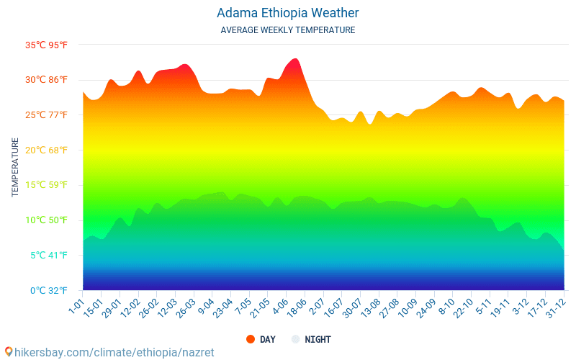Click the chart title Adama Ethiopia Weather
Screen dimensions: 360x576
pos(287,13)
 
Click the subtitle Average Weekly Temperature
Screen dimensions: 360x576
pos(287,30)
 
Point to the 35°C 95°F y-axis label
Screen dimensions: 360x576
pos(47,45)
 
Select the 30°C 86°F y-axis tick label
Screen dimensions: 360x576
pos(47,80)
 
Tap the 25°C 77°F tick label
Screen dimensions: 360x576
pos(47,115)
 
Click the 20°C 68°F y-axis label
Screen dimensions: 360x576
pos(47,150)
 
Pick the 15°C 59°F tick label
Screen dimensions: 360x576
pos(47,185)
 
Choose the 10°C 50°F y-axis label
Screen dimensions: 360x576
pos(47,220)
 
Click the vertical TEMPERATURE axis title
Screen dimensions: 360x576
pos(15,167)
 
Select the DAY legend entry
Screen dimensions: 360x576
pos(261,339)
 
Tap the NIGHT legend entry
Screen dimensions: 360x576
pos(311,339)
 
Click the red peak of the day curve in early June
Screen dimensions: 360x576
pos(295,60)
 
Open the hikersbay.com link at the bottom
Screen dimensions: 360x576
pos(109,352)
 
